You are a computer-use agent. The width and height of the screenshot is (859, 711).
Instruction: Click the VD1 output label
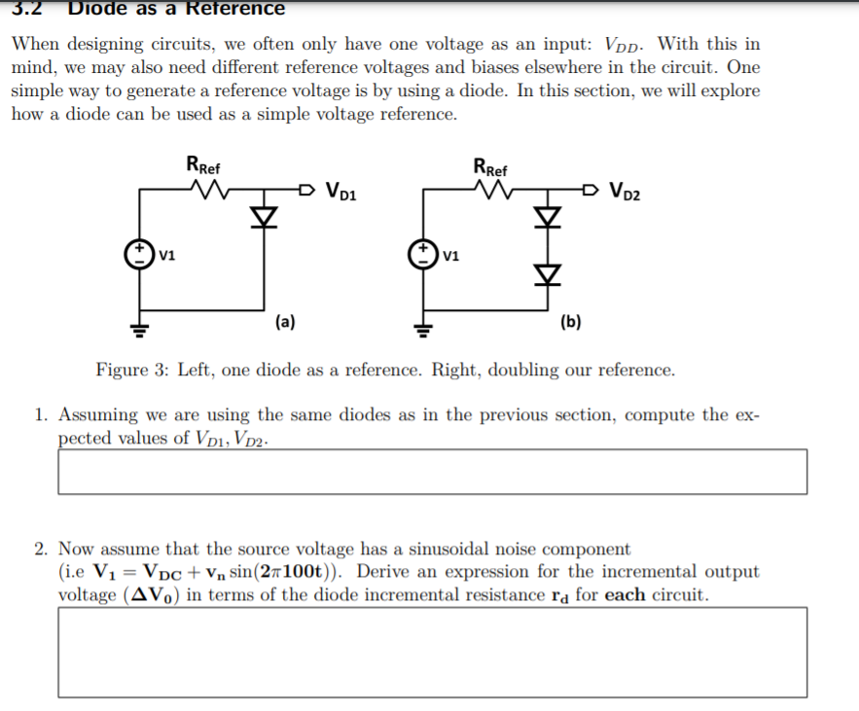click(x=341, y=190)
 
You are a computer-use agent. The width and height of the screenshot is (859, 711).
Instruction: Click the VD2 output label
click(x=625, y=189)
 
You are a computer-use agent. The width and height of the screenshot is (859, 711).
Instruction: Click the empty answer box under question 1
click(x=432, y=472)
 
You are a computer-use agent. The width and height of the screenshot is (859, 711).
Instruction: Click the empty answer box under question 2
click(x=432, y=652)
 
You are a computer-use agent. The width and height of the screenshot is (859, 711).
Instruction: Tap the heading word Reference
click(x=236, y=9)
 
